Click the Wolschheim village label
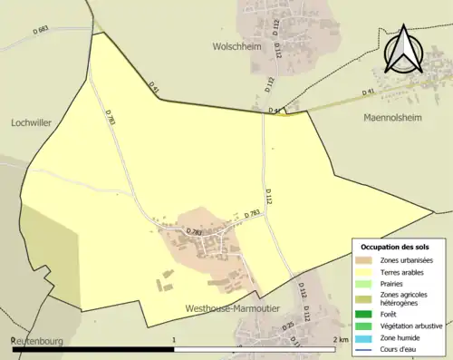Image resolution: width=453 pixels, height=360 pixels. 238,44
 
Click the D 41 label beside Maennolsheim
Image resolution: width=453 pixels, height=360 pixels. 369,92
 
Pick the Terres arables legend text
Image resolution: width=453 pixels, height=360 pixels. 404,271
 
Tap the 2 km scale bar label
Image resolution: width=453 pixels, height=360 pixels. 342,339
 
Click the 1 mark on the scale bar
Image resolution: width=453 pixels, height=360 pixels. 173,339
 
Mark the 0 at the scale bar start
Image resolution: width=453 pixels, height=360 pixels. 13,339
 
